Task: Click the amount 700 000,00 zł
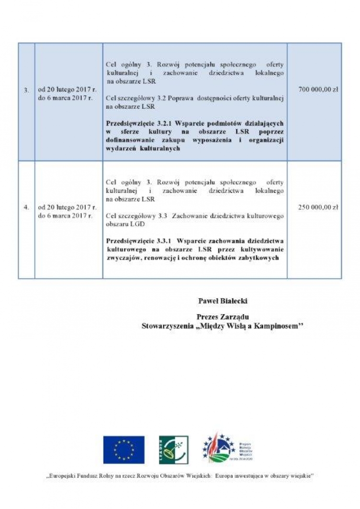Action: tap(318, 90)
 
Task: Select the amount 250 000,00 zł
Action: tap(318, 207)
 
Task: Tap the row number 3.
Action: tap(26, 90)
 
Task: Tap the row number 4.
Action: tap(26, 207)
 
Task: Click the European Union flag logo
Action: tap(124, 450)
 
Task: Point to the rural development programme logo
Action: tap(228, 447)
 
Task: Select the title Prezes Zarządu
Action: tap(223, 317)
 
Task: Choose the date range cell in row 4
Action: tap(67, 212)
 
